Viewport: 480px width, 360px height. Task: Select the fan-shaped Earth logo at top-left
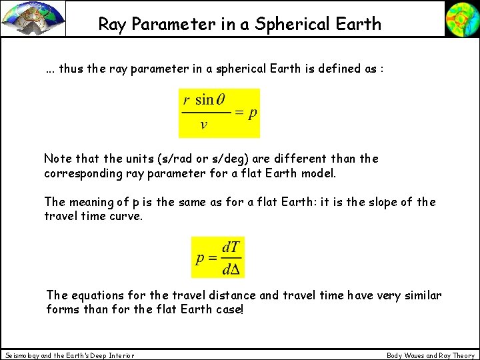[x=33, y=19]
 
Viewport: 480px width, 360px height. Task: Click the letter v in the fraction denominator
[x=203, y=125]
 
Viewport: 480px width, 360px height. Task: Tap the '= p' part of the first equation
[x=246, y=113]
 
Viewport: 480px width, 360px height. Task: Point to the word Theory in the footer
[x=462, y=355]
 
